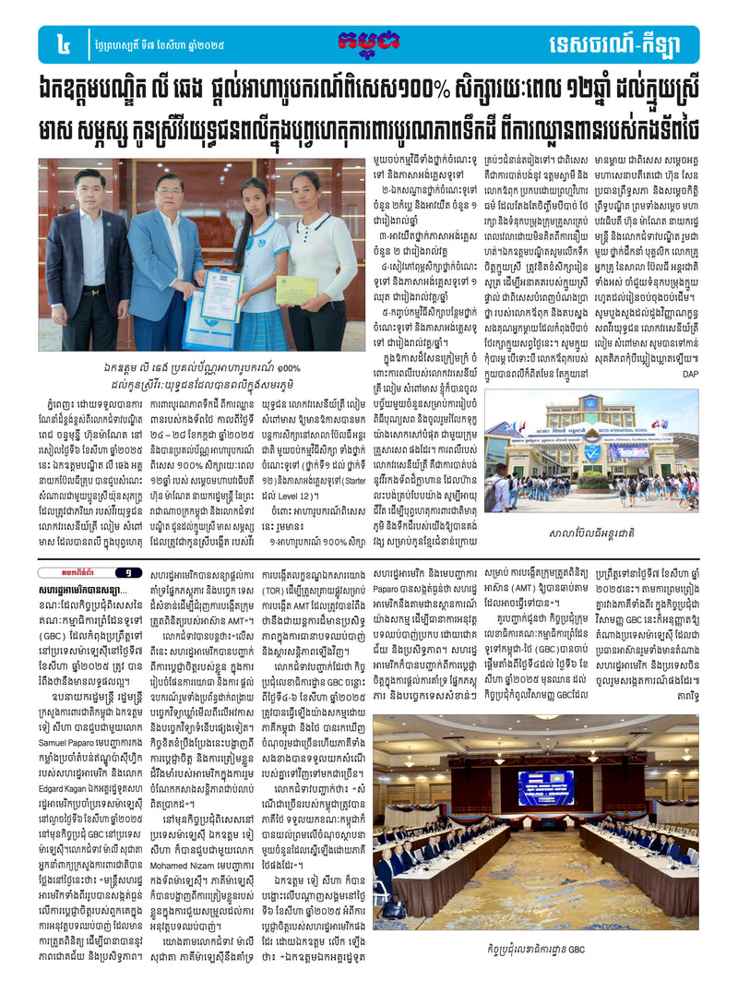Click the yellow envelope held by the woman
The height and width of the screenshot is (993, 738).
[296, 289]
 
